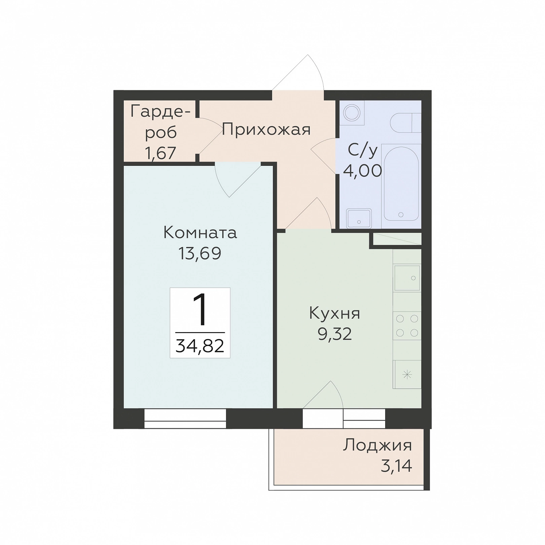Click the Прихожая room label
point(266,130)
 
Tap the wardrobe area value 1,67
point(160,153)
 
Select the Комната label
point(200,233)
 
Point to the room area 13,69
point(200,253)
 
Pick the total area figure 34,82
point(200,346)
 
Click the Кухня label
point(334,314)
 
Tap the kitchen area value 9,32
point(335,334)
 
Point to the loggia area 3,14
point(396,466)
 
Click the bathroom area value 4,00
point(362,171)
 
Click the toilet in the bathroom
point(406,123)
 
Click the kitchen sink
point(407,278)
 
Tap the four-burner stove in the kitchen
point(407,326)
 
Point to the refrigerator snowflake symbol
point(407,374)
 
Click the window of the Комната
point(185,419)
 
